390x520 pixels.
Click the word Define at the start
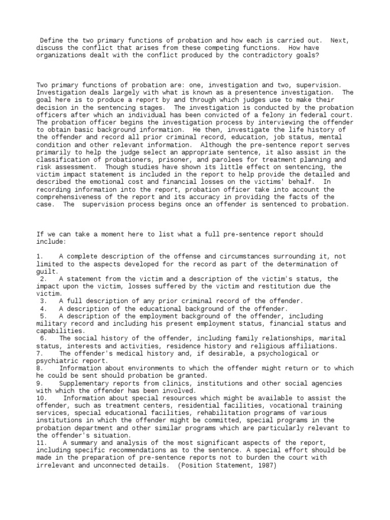click(x=51, y=40)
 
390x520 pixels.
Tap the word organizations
click(x=60, y=55)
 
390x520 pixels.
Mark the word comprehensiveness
click(x=68, y=197)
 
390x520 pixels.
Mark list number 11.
click(x=41, y=443)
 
